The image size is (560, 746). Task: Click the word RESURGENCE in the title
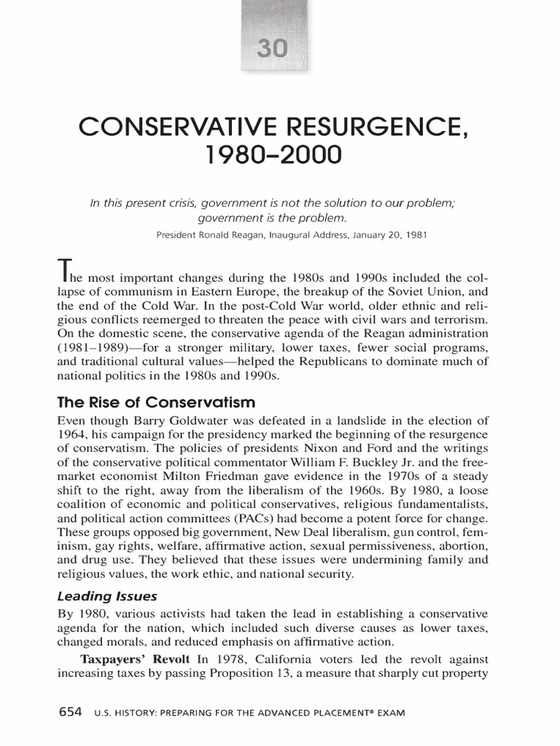click(x=365, y=130)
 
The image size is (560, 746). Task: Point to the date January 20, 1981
click(x=381, y=235)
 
